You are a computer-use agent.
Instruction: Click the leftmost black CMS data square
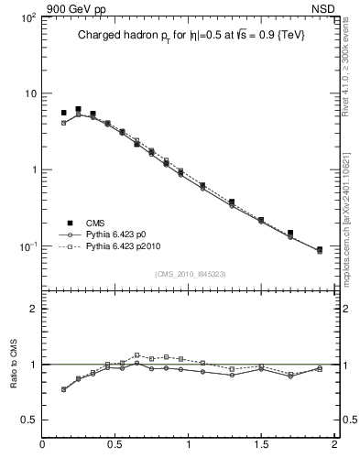[x=63, y=113]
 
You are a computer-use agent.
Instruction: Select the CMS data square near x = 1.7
[x=290, y=233]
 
